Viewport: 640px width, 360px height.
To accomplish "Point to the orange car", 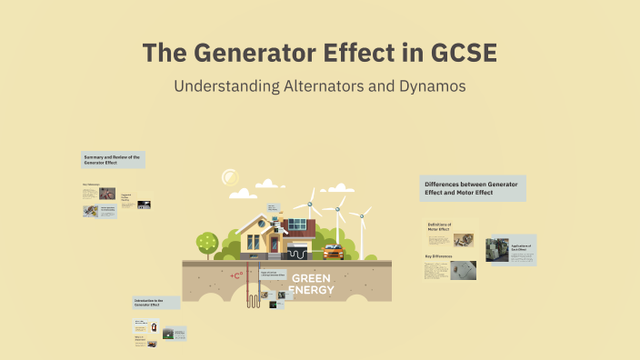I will coord(334,251).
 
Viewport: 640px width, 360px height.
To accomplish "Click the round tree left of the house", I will coord(207,242).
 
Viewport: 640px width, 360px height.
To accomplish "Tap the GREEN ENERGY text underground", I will coord(312,284).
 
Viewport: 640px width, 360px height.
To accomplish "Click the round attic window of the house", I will coord(260,221).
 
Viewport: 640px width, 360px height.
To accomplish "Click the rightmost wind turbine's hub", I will coord(362,216).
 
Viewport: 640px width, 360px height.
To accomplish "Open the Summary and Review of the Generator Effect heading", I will coord(112,160).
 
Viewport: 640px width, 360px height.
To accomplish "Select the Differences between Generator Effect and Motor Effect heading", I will coord(471,188).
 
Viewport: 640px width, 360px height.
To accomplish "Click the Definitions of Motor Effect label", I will coord(439,226).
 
